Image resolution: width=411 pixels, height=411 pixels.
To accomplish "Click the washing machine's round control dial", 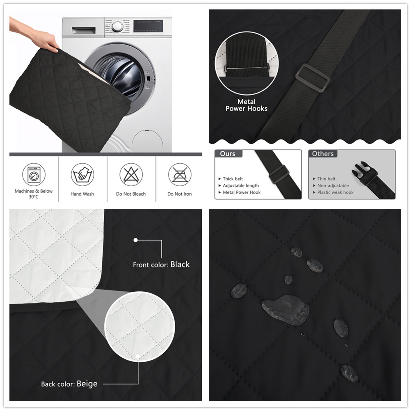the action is (x=117, y=27).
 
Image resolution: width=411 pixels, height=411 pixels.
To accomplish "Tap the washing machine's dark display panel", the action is (x=148, y=26).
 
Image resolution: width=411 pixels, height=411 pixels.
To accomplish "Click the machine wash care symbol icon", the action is (x=34, y=174).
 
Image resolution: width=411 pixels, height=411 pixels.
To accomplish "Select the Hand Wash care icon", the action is (x=82, y=174).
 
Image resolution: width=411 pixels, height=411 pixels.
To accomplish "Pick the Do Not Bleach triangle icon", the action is (x=131, y=174).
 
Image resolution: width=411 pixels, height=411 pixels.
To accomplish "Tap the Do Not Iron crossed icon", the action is (x=180, y=174).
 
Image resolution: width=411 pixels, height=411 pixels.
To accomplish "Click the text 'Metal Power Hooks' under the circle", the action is (x=247, y=105).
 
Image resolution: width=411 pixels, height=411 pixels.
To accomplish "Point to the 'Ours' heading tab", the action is (x=228, y=153).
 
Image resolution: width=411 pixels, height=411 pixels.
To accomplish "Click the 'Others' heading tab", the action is (x=323, y=153).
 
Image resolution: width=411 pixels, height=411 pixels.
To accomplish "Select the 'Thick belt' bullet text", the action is (x=233, y=179).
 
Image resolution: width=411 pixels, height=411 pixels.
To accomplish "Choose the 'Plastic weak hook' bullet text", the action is (x=336, y=192).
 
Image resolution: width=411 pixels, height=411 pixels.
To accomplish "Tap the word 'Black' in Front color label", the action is (x=180, y=264).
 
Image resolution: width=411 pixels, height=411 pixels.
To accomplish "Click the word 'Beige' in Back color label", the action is (x=87, y=384).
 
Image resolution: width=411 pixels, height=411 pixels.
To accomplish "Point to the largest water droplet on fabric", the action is (x=285, y=310).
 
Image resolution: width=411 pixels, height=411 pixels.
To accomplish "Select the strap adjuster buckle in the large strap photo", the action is (x=313, y=78).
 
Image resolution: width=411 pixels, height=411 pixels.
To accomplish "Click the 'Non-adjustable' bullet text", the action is (x=333, y=185).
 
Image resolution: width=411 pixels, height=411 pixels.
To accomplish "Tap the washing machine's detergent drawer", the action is (x=84, y=30).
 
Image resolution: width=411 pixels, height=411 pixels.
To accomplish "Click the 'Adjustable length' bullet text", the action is (x=241, y=185).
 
